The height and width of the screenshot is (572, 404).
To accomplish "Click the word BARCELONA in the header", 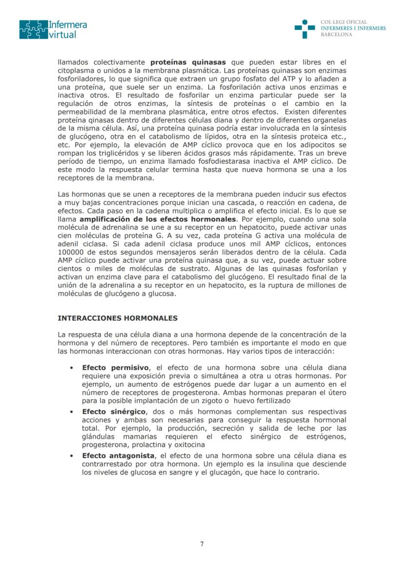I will (336, 35).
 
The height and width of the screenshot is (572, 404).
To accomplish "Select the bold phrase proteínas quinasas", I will (188, 62).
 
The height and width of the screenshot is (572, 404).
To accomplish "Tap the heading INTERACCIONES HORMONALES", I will (117, 318).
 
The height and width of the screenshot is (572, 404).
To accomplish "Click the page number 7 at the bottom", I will (202, 544).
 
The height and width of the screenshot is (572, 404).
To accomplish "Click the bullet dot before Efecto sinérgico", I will (72, 411).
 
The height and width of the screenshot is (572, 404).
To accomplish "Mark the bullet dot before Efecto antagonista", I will (72, 455).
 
